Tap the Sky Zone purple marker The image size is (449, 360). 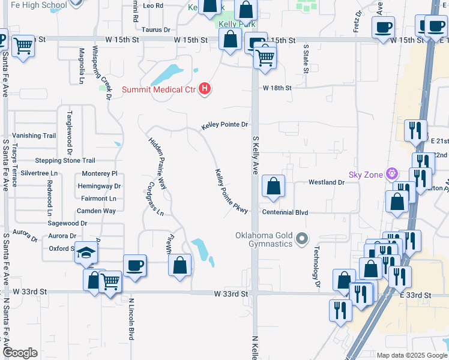click(x=393, y=175)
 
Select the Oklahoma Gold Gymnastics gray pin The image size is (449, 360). click(x=302, y=240)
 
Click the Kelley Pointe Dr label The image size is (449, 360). click(x=224, y=125)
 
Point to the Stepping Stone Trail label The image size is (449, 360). click(x=65, y=161)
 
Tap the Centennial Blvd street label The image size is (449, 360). click(x=285, y=212)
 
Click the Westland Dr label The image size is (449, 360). click(x=327, y=182)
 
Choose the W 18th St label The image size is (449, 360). click(x=277, y=88)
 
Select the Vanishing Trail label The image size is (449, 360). click(x=34, y=136)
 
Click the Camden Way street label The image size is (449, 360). click(x=96, y=211)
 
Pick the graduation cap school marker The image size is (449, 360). click(x=86, y=254)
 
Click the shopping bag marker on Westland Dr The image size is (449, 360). click(x=274, y=187)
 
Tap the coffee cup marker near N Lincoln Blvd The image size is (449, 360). click(x=135, y=265)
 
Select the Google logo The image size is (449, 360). click(x=20, y=353)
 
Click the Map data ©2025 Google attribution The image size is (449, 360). click(x=411, y=355)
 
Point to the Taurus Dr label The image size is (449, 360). click(x=156, y=29)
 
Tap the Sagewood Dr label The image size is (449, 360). click(x=67, y=223)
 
